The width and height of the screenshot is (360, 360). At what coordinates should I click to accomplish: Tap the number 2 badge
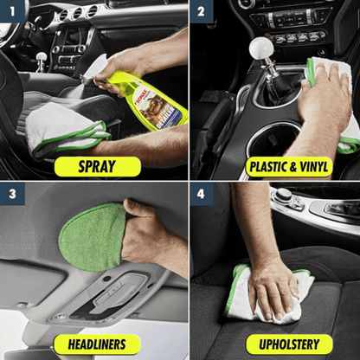click(201, 13)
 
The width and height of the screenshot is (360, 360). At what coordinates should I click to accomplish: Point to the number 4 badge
click(201, 194)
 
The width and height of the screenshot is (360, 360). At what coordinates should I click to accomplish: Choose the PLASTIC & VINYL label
click(288, 165)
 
